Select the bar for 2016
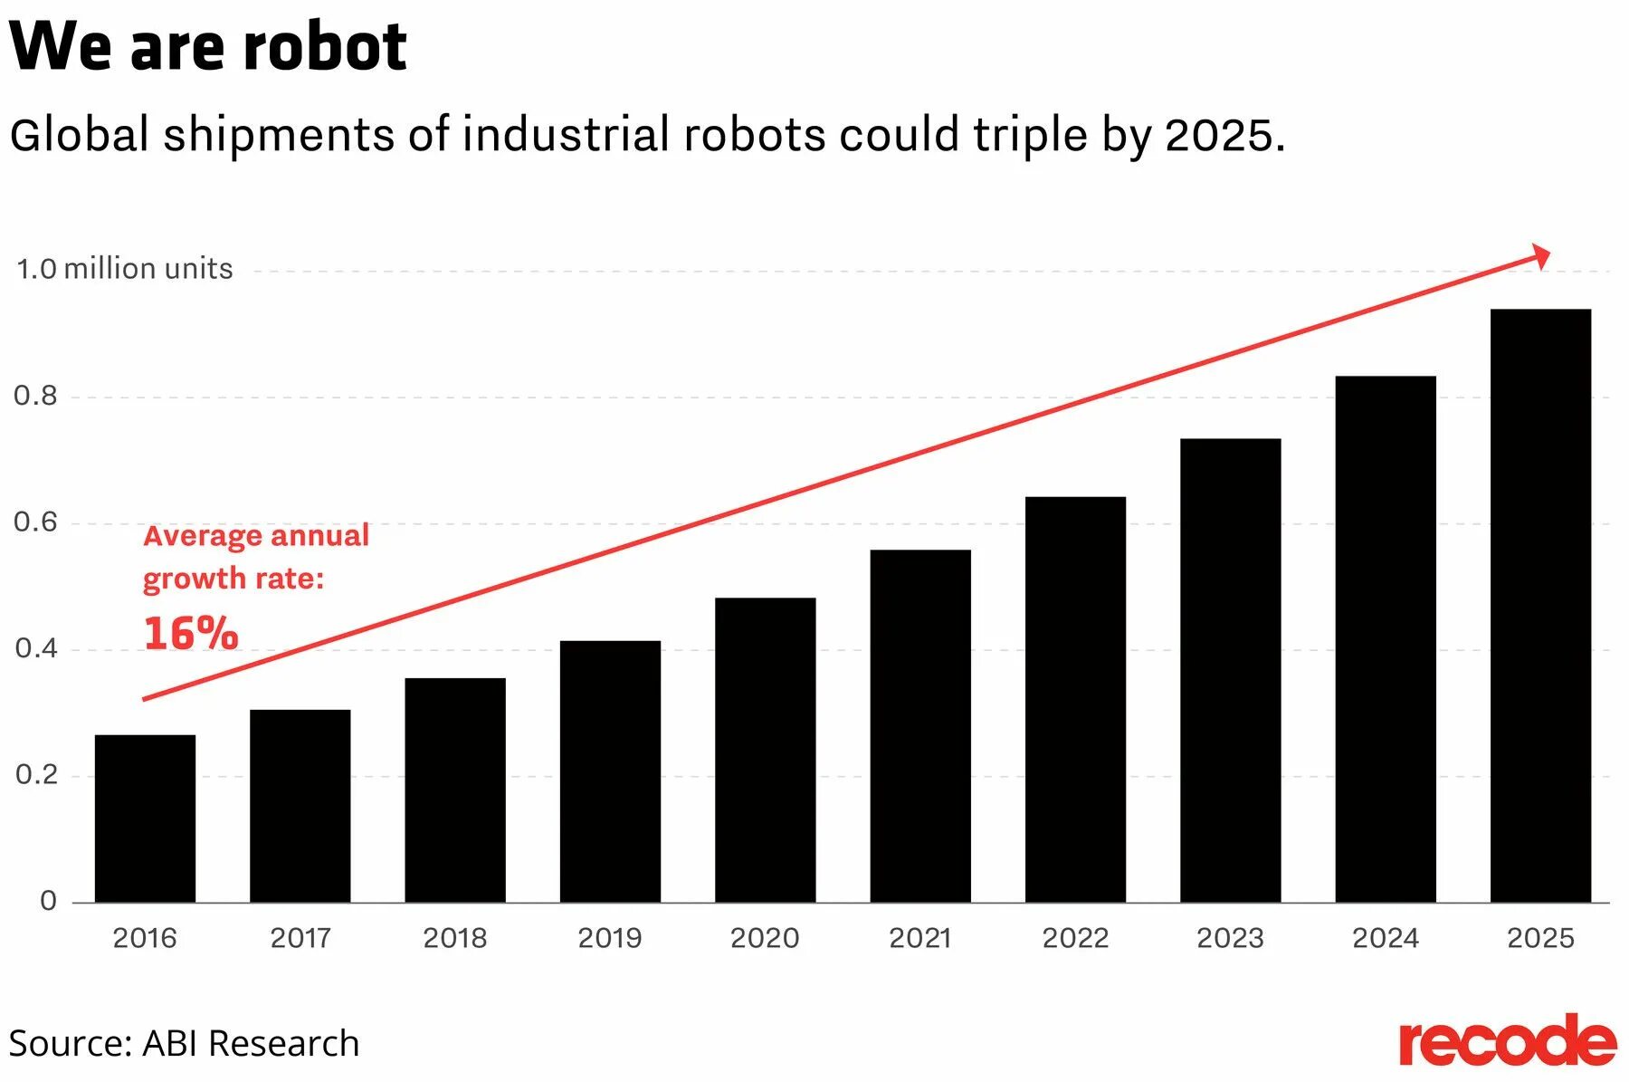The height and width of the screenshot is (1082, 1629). pos(145,819)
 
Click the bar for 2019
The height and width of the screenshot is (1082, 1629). pos(610,771)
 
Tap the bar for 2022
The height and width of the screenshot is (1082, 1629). pos(1075,699)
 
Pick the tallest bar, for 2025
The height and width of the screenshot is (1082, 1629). pos(1540,606)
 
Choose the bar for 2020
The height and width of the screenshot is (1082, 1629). pos(765,750)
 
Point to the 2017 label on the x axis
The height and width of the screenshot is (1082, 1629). pos(300,938)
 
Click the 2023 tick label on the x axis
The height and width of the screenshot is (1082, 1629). pos(1230,938)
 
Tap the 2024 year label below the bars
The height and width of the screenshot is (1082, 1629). pos(1385,938)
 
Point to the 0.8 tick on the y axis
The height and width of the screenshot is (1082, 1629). pos(35,396)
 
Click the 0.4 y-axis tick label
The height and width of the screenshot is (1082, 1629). pos(35,648)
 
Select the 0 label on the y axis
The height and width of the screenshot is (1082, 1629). pos(48,901)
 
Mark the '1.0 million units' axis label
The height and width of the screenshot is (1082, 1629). pos(125,269)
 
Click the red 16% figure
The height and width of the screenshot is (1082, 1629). pos(191,633)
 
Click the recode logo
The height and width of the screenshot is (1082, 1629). pos(1507,1042)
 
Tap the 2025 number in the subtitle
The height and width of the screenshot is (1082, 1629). pos(1219,136)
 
